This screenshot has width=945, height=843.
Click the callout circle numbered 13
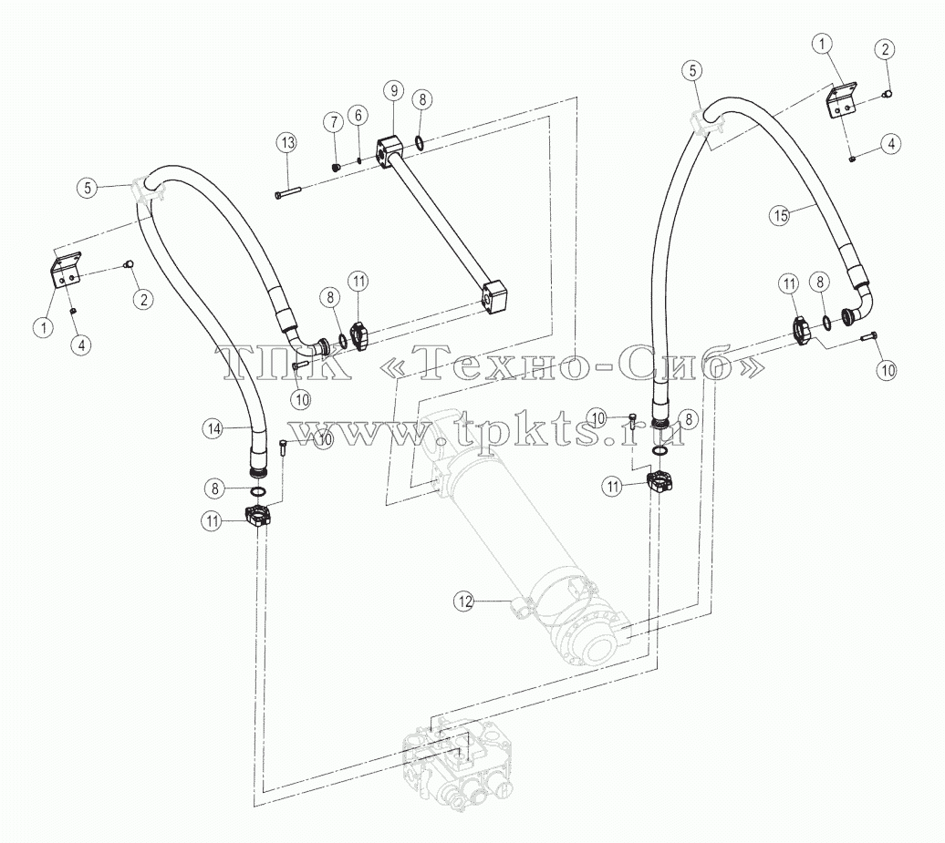(288, 143)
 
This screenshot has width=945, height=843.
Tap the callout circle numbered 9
(394, 91)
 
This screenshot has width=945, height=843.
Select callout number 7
(333, 122)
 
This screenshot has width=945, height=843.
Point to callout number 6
(358, 115)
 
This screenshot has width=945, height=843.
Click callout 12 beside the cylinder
(464, 601)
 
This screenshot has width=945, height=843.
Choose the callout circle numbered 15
(781, 215)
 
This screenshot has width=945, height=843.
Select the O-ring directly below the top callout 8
(419, 143)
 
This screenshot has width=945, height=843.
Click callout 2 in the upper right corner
(885, 49)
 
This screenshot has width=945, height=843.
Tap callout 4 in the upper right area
(891, 144)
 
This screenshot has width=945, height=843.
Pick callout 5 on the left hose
(88, 188)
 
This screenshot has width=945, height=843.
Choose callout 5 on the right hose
(691, 70)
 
